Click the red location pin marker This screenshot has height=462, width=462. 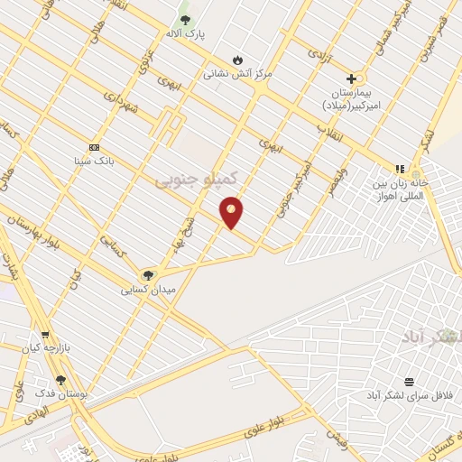[x=231, y=211]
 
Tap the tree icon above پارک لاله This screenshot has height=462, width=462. [x=185, y=20]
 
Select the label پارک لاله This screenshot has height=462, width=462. [x=185, y=34]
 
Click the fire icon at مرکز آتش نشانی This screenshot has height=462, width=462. [x=237, y=60]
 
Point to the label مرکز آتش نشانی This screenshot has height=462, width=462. [x=237, y=73]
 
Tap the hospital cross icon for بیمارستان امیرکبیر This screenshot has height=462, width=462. [x=351, y=79]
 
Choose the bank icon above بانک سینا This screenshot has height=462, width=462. [x=94, y=147]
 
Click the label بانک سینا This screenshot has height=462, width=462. [x=94, y=161]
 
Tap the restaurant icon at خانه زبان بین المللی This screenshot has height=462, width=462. [x=399, y=169]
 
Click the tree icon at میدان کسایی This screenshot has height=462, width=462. [x=148, y=275]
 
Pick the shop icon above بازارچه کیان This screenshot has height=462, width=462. [x=45, y=334]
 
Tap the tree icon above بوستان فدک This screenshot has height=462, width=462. [x=60, y=380]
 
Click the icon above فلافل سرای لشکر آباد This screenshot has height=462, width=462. [x=409, y=382]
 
